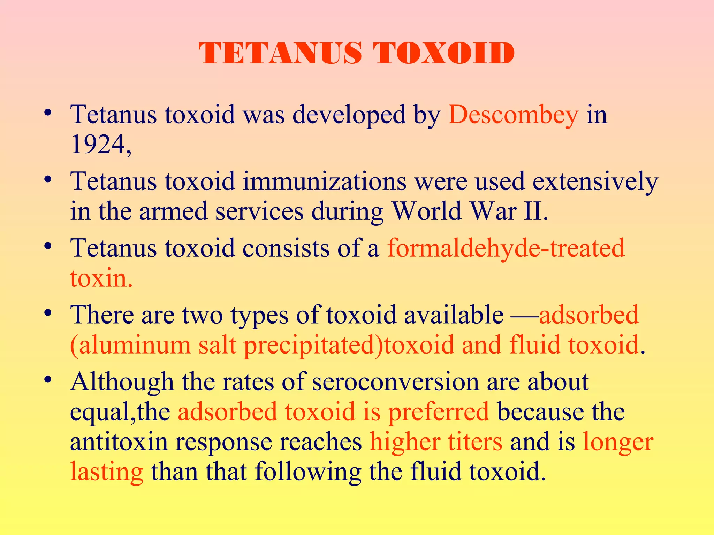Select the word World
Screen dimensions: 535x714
coord(427,211)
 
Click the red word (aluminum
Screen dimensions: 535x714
coord(130,345)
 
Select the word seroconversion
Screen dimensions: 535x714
coord(395,382)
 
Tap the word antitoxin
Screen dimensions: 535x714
coord(119,442)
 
